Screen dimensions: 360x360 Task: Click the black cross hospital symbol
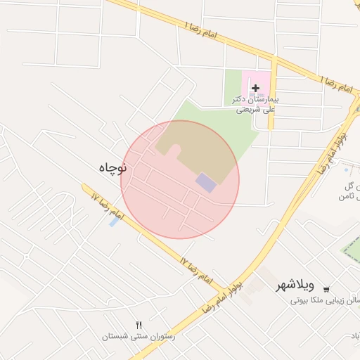click(x=255, y=88)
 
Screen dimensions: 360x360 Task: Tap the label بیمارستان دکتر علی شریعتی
click(x=256, y=104)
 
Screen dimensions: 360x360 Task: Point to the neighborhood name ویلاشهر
click(x=295, y=286)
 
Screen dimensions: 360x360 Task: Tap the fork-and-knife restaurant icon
click(x=139, y=325)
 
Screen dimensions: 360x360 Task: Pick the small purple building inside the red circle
click(x=206, y=183)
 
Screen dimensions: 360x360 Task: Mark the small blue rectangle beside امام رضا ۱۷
click(x=114, y=222)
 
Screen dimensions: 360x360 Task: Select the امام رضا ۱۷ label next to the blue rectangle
click(x=106, y=205)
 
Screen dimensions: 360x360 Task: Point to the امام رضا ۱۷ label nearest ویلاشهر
click(x=195, y=271)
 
